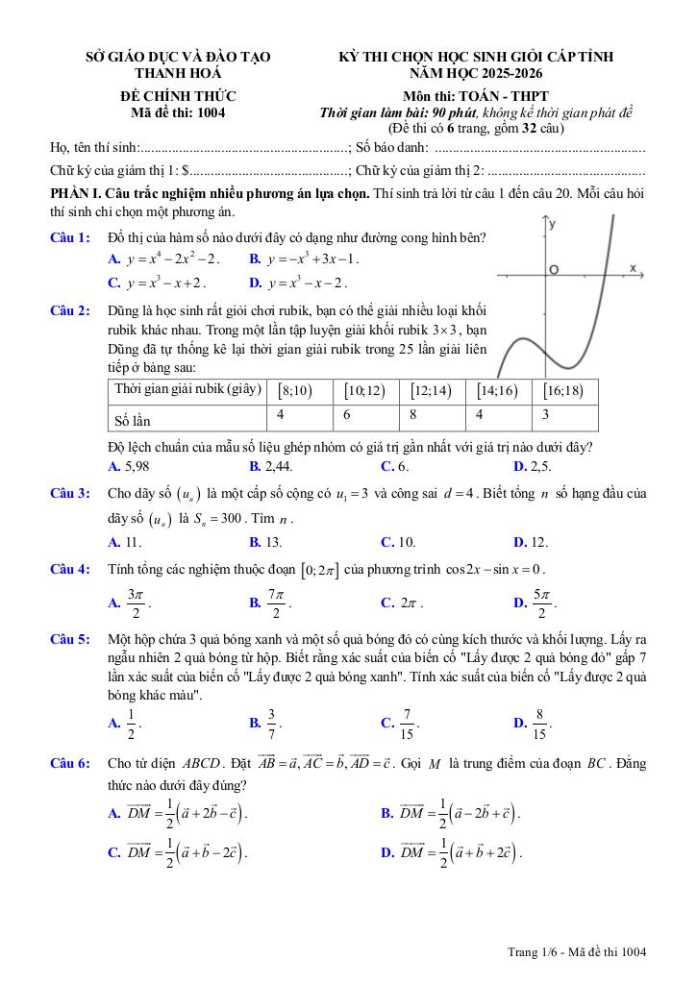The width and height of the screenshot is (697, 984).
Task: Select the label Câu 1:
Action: click(x=70, y=237)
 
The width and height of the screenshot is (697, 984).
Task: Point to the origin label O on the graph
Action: click(x=553, y=270)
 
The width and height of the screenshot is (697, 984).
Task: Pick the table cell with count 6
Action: click(x=347, y=414)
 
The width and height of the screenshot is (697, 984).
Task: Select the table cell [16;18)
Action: click(x=562, y=390)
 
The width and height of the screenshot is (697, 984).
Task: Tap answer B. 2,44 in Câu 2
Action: click(x=271, y=466)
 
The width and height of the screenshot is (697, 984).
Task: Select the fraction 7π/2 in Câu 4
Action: click(x=276, y=603)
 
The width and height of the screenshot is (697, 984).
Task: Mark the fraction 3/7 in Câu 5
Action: click(x=272, y=722)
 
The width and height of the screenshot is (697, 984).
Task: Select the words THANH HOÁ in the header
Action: click(x=178, y=73)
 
